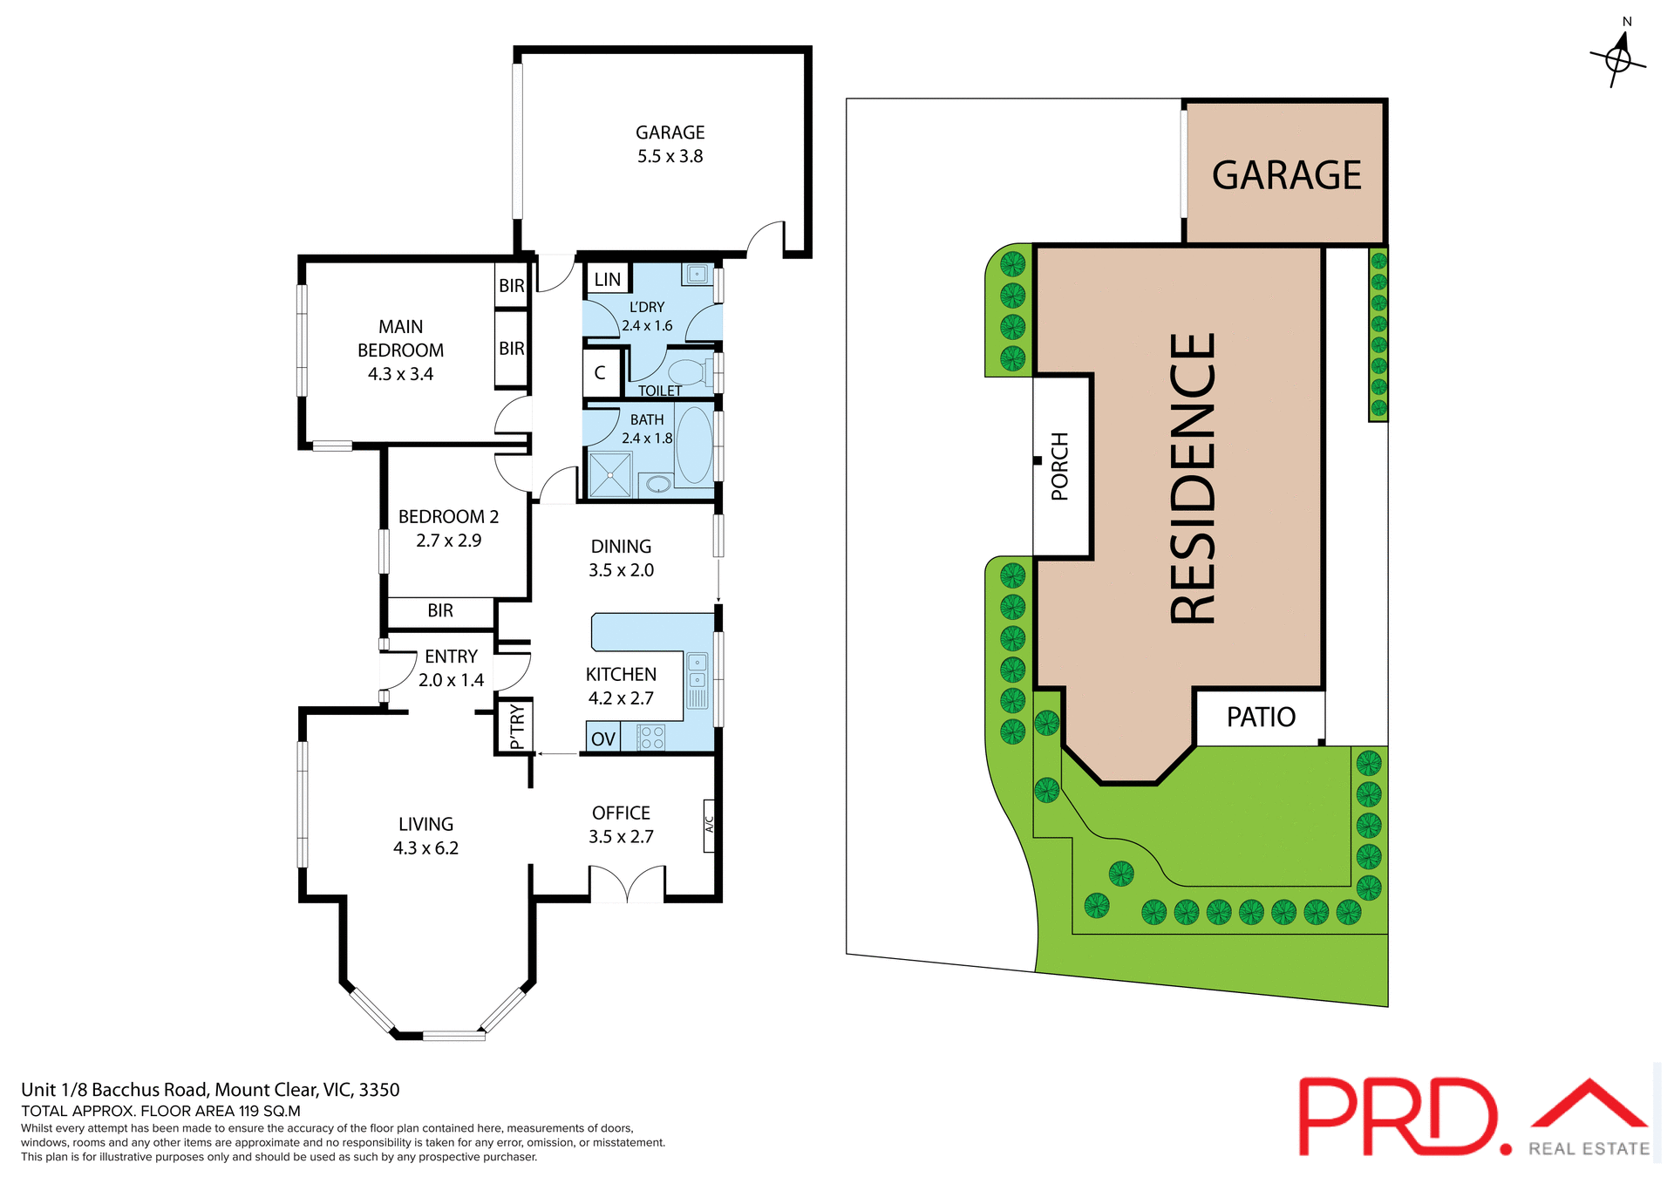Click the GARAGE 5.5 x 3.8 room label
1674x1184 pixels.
pyautogui.click(x=670, y=144)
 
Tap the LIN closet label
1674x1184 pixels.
pyautogui.click(x=607, y=279)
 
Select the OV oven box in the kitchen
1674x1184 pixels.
pyautogui.click(x=602, y=738)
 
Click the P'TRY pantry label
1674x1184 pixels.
pyautogui.click(x=517, y=726)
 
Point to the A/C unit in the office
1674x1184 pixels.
pyautogui.click(x=709, y=825)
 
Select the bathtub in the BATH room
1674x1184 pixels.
pyautogui.click(x=694, y=445)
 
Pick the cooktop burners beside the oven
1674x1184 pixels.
pyautogui.click(x=651, y=738)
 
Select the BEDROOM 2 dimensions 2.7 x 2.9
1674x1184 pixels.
pyautogui.click(x=448, y=541)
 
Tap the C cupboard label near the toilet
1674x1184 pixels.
pyautogui.click(x=600, y=372)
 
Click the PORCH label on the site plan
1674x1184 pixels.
pyautogui.click(x=1059, y=466)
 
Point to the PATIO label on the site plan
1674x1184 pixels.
pyautogui.click(x=1260, y=717)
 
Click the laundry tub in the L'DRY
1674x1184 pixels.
pyautogui.click(x=697, y=275)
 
